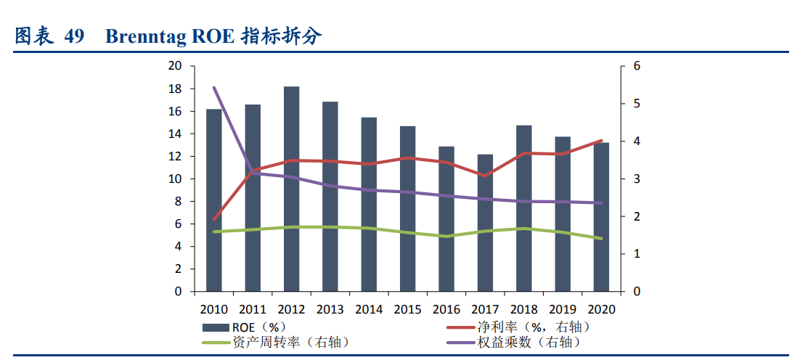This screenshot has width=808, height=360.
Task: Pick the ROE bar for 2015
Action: click(408, 209)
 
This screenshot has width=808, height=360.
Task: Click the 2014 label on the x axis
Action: click(369, 308)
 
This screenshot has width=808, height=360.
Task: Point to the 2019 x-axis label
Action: click(563, 308)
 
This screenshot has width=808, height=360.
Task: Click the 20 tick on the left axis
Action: click(174, 66)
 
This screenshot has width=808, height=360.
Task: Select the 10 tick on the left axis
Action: click(174, 179)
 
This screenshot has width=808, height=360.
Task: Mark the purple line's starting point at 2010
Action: click(213, 88)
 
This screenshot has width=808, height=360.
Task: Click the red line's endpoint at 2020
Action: click(601, 141)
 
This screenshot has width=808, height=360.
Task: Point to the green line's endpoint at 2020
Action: click(601, 238)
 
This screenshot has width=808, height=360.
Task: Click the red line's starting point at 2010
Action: click(213, 218)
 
